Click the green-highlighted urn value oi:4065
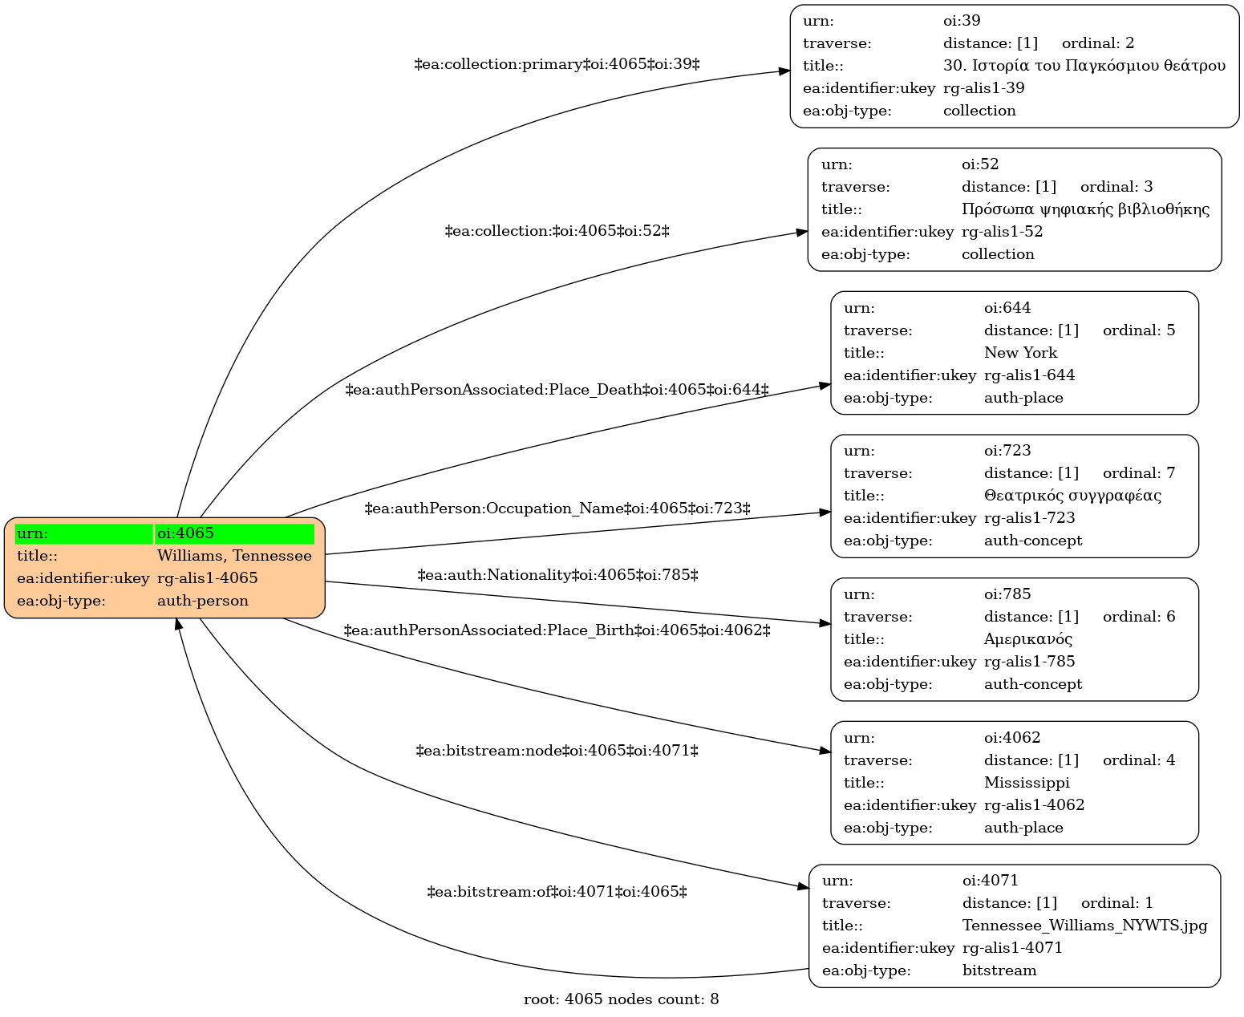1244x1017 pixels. click(185, 533)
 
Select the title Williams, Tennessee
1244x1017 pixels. click(234, 556)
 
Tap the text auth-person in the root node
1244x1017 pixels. click(202, 601)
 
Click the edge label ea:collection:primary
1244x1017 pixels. click(557, 63)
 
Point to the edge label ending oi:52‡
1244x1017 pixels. click(557, 231)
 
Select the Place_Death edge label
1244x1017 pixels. click(557, 389)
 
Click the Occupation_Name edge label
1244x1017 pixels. click(557, 508)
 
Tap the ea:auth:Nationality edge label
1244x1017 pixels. click(557, 574)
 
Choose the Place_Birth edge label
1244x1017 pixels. click(557, 630)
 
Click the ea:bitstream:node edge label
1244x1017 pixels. click(557, 751)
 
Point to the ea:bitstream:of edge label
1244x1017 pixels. click(557, 891)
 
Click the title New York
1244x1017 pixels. click(1020, 353)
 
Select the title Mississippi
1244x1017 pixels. click(1027, 783)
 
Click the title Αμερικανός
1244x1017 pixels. click(1027, 639)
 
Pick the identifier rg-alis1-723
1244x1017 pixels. click(1029, 518)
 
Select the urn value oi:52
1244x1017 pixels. click(980, 164)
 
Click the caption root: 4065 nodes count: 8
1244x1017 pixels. click(621, 999)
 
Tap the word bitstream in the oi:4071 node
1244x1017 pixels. click(999, 970)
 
